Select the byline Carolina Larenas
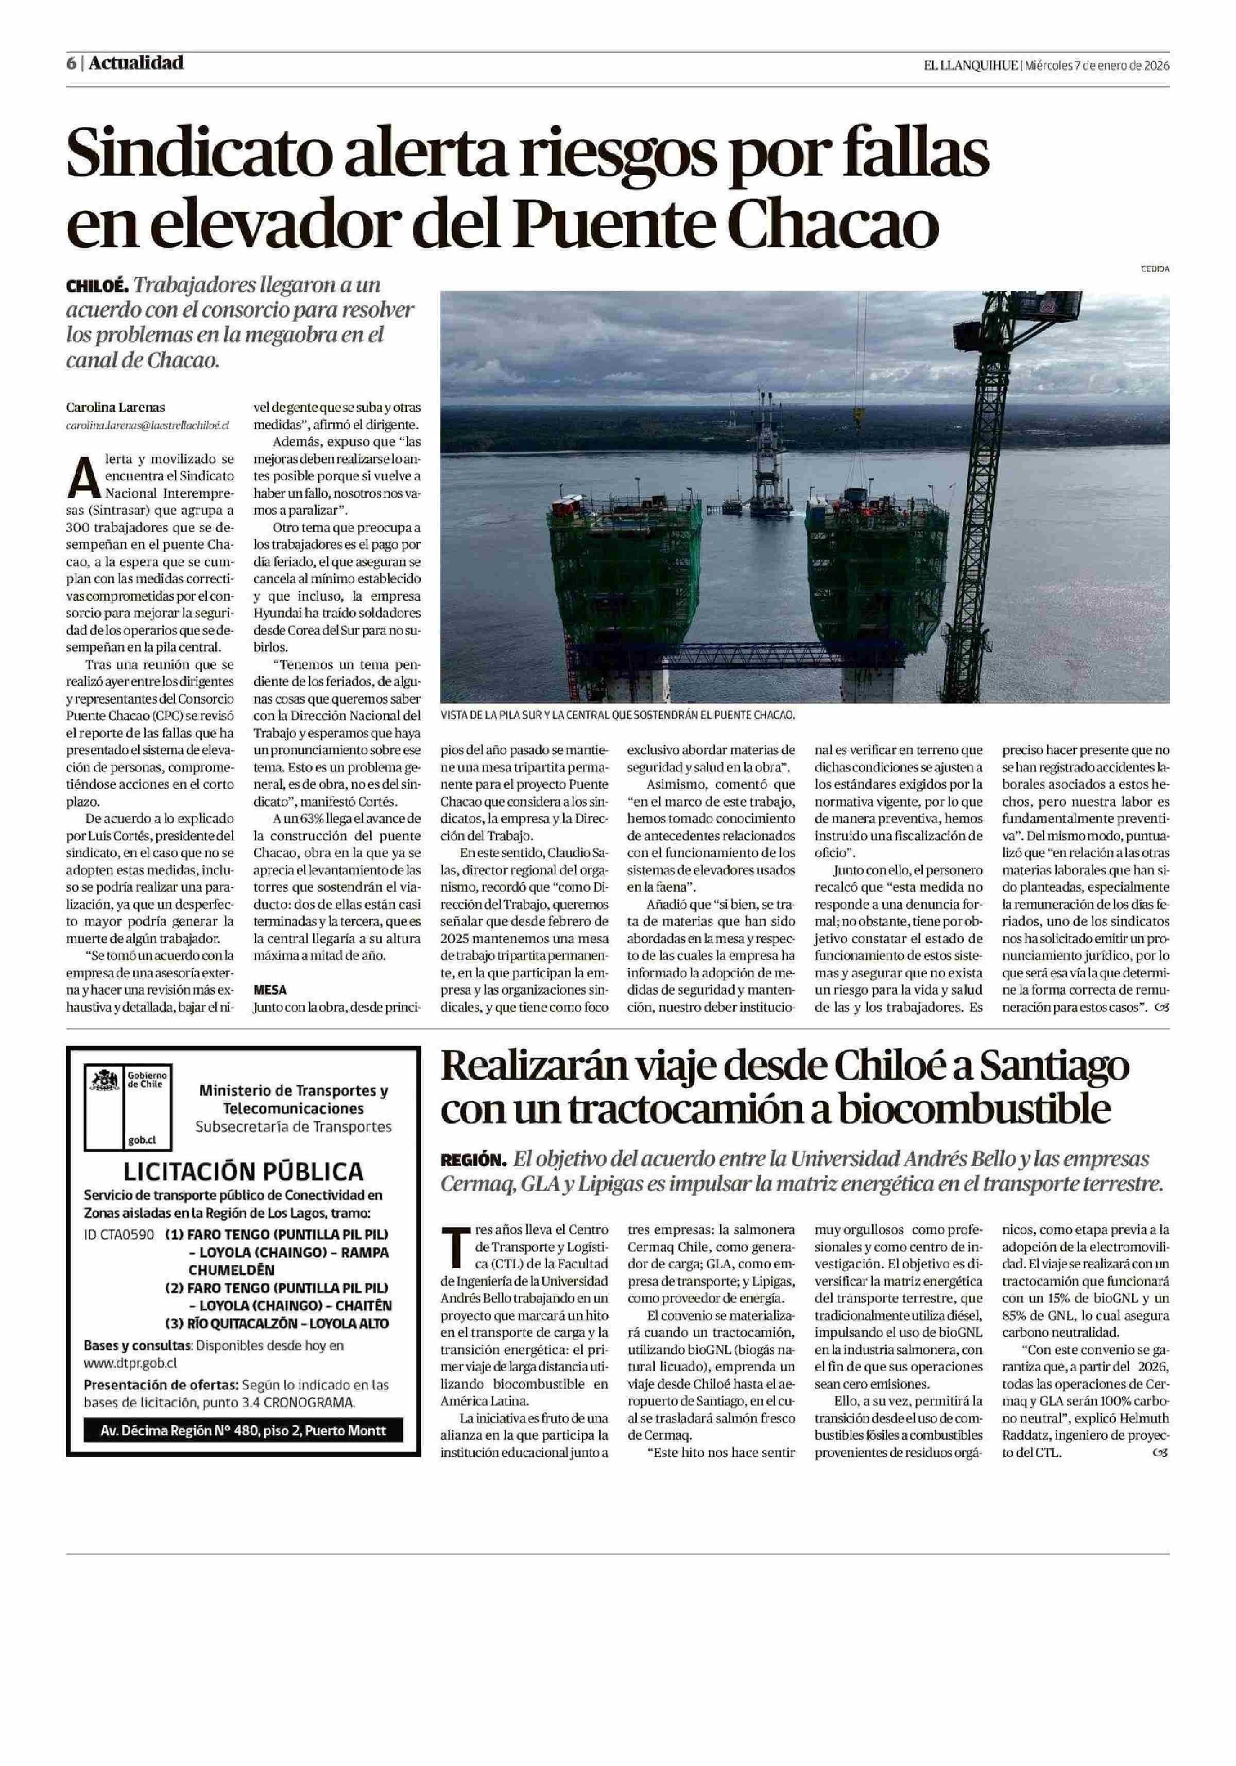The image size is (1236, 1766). pos(115,408)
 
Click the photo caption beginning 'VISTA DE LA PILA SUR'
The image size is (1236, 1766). pos(617,715)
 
